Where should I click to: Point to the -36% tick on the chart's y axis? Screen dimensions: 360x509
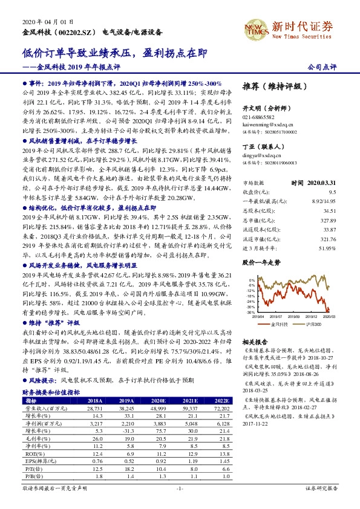pos(251,313)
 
